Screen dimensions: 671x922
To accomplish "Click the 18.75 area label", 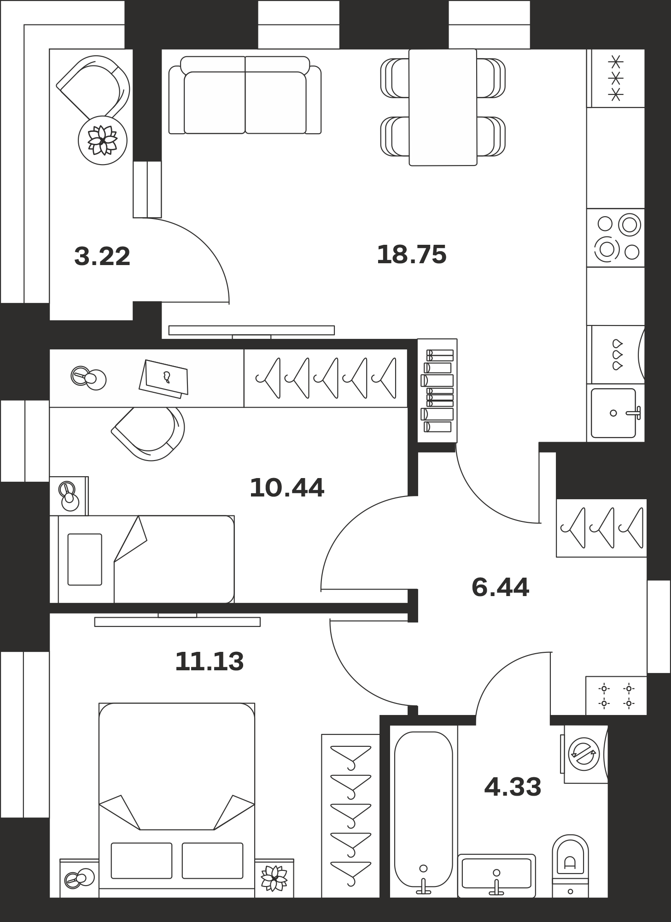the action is tap(411, 254).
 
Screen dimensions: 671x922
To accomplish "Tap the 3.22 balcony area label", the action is tap(102, 256).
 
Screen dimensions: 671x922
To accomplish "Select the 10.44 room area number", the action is tap(287, 488).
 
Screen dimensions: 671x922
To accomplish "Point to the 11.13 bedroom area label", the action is tap(209, 662).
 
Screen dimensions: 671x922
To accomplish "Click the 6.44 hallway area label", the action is tap(500, 587).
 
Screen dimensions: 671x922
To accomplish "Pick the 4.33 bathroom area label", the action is tap(513, 787).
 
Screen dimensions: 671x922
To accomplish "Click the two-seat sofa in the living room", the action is tap(245, 95).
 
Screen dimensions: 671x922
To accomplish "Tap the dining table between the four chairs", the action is tap(443, 107).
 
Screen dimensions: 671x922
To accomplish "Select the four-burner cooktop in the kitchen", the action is tap(616, 237).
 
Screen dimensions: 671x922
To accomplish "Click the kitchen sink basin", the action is tap(613, 413).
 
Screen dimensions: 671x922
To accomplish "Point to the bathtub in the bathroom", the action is tap(424, 812).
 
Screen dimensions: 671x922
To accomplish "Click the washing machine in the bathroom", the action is tap(584, 754).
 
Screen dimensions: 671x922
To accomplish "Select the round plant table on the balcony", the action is tap(103, 140).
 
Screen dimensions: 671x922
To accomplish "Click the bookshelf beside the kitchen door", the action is tap(438, 391).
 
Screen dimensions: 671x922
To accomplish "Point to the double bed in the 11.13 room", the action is tap(177, 800).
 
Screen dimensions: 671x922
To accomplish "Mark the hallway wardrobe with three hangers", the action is tap(601, 528).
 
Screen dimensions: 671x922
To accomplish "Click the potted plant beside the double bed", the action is tap(274, 878).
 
